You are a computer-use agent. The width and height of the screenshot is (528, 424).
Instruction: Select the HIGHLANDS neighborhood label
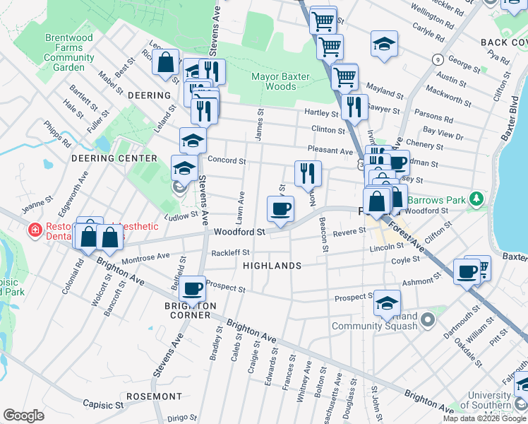(x=272, y=266)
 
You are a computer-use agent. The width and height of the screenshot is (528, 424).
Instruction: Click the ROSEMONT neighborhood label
(x=153, y=396)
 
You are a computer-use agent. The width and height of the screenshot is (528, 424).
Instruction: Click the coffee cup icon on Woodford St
(x=280, y=208)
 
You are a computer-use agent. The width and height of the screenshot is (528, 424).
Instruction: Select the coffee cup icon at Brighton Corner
(x=193, y=288)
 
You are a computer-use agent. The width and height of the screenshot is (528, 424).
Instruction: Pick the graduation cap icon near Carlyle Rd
(x=385, y=44)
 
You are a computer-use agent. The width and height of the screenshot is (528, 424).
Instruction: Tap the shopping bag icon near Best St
(x=165, y=61)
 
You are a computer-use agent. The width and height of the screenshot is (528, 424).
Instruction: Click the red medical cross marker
(x=34, y=230)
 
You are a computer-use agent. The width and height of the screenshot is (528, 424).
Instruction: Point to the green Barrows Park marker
(x=479, y=199)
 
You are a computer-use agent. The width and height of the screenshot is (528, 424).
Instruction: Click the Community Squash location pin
(x=427, y=322)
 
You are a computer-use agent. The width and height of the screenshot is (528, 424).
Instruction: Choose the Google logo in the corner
(x=23, y=416)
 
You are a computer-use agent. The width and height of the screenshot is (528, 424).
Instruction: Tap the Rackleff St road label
(x=231, y=252)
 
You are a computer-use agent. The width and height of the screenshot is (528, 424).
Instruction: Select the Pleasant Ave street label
(x=330, y=151)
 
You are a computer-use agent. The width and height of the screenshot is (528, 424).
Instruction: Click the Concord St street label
(x=226, y=161)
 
